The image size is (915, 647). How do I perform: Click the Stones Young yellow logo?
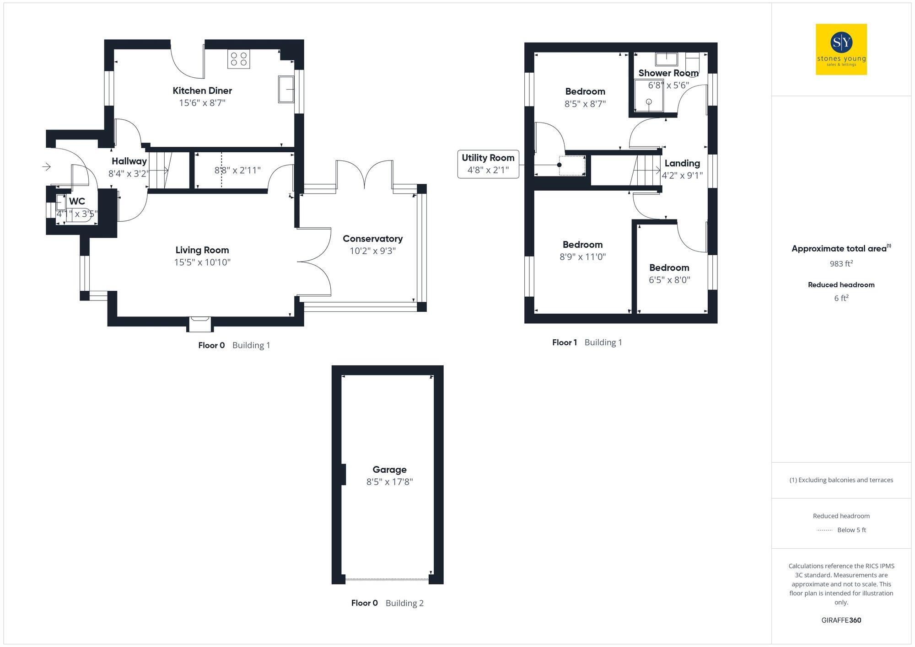point(841,49)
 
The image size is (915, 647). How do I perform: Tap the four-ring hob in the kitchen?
point(238,59)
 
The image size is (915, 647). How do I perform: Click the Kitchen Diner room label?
point(202,91)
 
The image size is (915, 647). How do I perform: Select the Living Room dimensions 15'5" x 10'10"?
point(202,262)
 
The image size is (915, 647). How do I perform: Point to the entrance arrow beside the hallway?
point(46,167)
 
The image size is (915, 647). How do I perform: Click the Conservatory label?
point(372,239)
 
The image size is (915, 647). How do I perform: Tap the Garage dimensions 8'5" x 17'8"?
point(389,482)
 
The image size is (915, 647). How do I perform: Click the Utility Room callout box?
point(488,164)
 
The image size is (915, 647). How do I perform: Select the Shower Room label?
point(668,73)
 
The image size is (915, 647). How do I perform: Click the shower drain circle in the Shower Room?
point(649,102)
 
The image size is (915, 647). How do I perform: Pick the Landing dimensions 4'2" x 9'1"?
point(682,176)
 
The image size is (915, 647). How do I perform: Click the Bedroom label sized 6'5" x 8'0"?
point(669,268)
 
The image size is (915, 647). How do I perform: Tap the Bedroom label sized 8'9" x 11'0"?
point(582,245)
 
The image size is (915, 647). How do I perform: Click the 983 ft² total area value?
point(841,264)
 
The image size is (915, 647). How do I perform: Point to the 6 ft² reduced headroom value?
point(841,298)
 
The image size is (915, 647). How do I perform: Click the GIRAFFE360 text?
point(841,620)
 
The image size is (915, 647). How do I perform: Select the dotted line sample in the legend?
point(824,530)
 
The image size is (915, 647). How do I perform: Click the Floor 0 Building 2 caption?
point(387,603)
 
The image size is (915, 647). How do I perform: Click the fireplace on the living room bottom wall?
point(200,324)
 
